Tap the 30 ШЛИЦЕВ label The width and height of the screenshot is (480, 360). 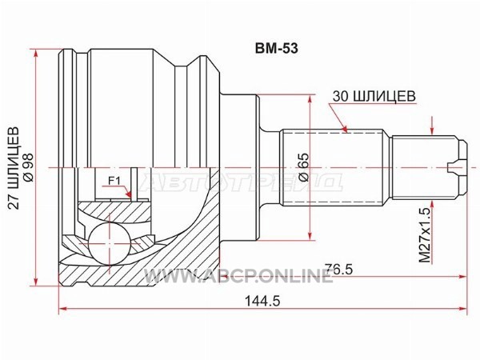pos(373,94)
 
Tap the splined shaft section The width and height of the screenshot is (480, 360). pos(336,168)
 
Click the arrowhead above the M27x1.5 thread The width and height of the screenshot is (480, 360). pos(431,131)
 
